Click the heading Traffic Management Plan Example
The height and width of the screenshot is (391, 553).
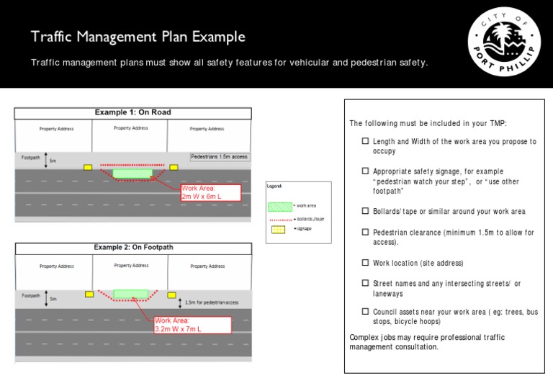click(138, 37)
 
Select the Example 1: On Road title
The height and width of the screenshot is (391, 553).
click(133, 112)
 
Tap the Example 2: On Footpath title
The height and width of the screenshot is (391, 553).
click(133, 248)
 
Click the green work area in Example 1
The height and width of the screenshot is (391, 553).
click(132, 174)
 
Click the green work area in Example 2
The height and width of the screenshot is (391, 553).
click(130, 294)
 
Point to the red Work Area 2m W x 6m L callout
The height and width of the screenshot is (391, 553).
click(210, 192)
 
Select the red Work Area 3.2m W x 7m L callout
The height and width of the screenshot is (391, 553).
click(192, 325)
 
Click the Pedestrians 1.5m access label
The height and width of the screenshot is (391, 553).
click(219, 156)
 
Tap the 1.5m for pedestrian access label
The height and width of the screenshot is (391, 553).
click(211, 302)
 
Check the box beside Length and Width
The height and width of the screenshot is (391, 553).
click(366, 142)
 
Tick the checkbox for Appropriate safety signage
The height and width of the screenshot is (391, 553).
click(366, 171)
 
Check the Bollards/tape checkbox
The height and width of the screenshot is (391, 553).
click(366, 212)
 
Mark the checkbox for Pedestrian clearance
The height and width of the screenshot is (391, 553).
click(366, 233)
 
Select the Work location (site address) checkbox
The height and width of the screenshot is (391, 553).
click(366, 263)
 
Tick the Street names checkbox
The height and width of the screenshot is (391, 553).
click(366, 284)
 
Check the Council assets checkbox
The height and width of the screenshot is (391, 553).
click(366, 312)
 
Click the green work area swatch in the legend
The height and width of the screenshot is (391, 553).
click(281, 206)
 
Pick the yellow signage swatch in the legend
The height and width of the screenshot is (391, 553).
click(279, 230)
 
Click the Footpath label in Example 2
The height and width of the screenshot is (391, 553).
click(31, 295)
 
